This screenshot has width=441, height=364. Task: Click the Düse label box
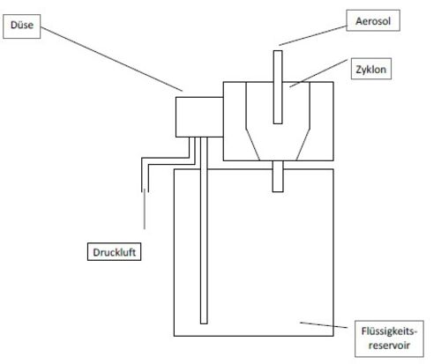point(22,26)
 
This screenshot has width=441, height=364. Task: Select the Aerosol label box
point(373,20)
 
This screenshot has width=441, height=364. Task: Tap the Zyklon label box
point(371,69)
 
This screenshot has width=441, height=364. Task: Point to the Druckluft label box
point(114,252)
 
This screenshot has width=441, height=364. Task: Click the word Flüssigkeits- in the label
point(389,331)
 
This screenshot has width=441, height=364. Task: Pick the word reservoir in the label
point(389,345)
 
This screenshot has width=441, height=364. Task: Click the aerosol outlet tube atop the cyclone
point(278,87)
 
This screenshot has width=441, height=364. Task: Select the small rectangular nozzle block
point(199,117)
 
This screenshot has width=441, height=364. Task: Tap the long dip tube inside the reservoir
point(204,230)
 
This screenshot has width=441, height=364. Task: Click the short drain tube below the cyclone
point(278,176)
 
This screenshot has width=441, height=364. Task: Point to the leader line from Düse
point(111,59)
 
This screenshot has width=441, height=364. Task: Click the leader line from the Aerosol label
point(313,36)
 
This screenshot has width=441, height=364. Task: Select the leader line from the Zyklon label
point(318,73)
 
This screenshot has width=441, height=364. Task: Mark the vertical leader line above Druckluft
point(145,209)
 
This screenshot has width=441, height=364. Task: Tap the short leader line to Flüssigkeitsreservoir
point(324,325)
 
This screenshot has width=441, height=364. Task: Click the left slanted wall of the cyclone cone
point(253,145)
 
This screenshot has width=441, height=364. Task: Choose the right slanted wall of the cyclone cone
point(303,145)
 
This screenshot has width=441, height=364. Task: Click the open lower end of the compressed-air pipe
point(145,192)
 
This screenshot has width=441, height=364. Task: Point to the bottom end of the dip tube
point(204,323)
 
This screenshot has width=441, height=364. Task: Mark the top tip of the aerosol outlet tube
point(278,51)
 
